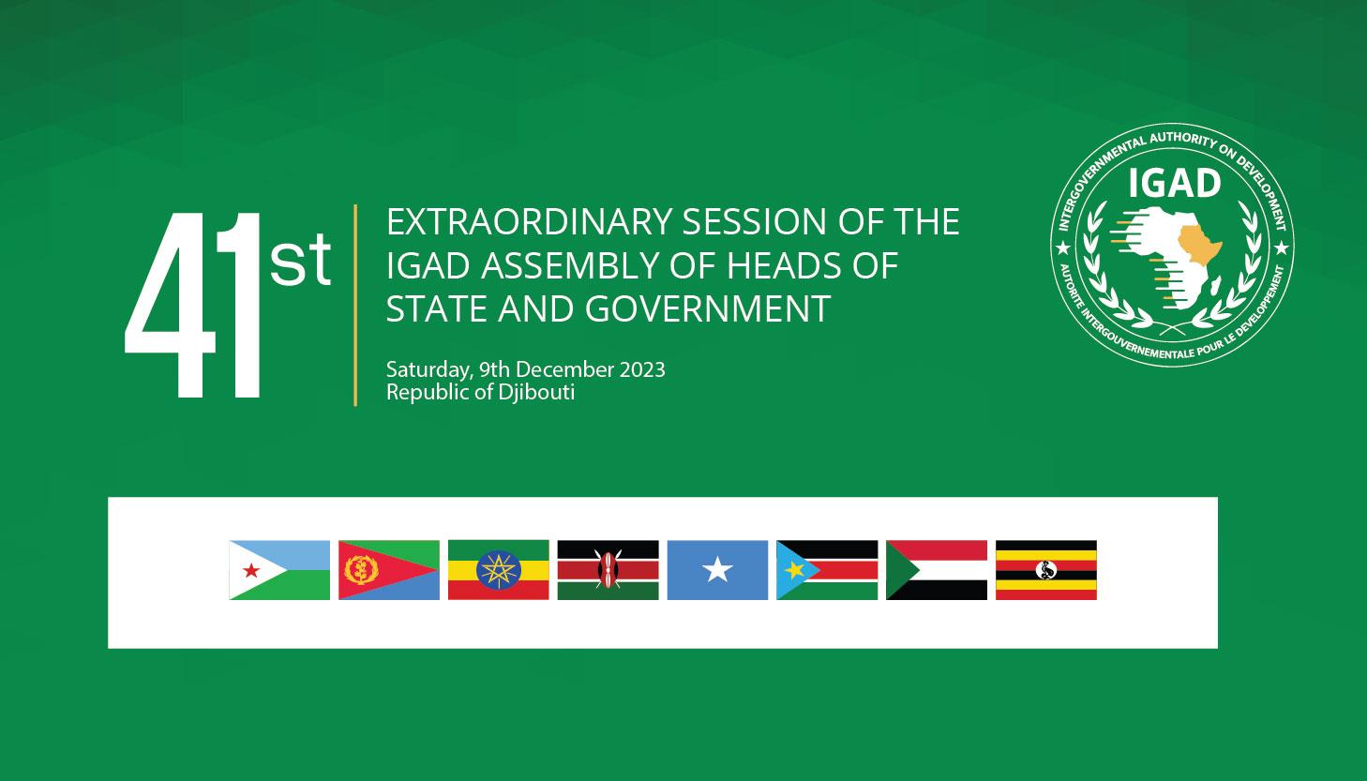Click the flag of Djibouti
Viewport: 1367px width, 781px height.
click(279, 570)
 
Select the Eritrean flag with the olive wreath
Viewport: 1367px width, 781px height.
click(389, 570)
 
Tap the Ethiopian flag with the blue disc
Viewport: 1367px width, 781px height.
click(499, 570)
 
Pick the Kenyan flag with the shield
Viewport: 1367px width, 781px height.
click(608, 570)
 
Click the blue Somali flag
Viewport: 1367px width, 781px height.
click(717, 570)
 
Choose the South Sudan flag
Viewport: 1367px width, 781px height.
click(827, 570)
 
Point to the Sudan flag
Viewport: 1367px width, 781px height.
click(937, 570)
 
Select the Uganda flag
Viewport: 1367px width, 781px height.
click(1046, 570)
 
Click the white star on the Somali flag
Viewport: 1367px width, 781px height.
click(717, 570)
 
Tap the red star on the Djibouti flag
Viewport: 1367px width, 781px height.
click(251, 571)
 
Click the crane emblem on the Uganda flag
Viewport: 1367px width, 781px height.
click(1046, 570)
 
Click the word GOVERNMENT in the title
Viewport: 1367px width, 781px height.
click(708, 308)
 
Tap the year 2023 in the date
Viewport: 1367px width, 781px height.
click(642, 369)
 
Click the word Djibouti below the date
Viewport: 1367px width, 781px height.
click(536, 392)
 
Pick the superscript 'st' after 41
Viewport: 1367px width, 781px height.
click(300, 261)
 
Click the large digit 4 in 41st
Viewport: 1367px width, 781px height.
click(171, 305)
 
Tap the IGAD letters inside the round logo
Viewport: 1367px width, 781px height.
click(1174, 183)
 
